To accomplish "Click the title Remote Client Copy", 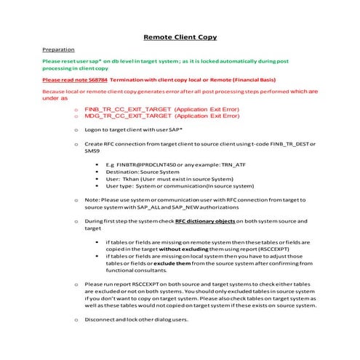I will pyautogui.click(x=180, y=36).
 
